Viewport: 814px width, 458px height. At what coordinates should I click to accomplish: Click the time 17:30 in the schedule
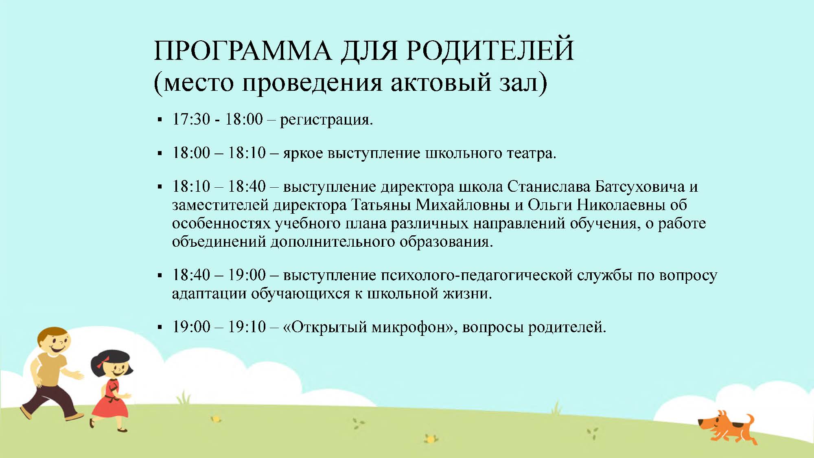point(191,119)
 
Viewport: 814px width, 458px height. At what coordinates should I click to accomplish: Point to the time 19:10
point(247,327)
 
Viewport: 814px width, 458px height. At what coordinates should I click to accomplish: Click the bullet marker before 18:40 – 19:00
point(160,276)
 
